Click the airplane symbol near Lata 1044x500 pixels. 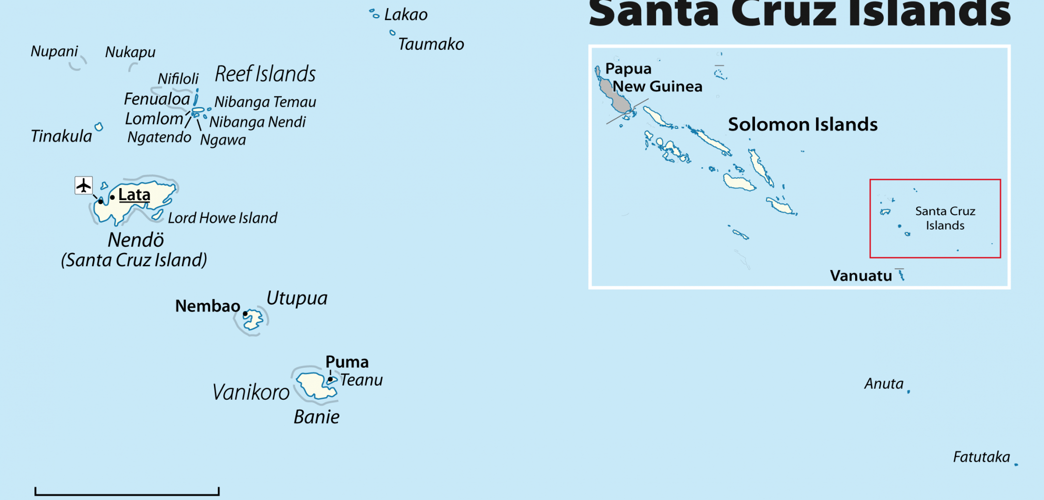coord(83,185)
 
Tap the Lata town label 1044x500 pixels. coord(134,195)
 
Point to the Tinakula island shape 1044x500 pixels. coord(99,127)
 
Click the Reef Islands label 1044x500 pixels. coord(265,74)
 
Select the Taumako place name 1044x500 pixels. coord(431,44)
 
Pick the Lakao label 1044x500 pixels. coord(406,15)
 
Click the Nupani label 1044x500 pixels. coord(54,51)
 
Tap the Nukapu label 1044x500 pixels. coord(130,52)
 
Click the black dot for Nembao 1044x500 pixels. coord(246,314)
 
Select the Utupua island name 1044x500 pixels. coord(297,298)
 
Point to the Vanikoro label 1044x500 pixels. coord(251,392)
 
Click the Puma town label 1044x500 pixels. coord(347,362)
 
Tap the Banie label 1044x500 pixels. coord(317,417)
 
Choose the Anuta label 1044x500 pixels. coord(884,384)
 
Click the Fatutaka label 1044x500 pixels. coord(981,457)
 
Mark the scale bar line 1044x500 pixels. coord(127,494)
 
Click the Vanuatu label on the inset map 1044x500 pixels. coord(860,276)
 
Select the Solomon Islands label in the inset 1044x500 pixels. coord(802,125)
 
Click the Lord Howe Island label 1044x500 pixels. coord(223,218)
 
